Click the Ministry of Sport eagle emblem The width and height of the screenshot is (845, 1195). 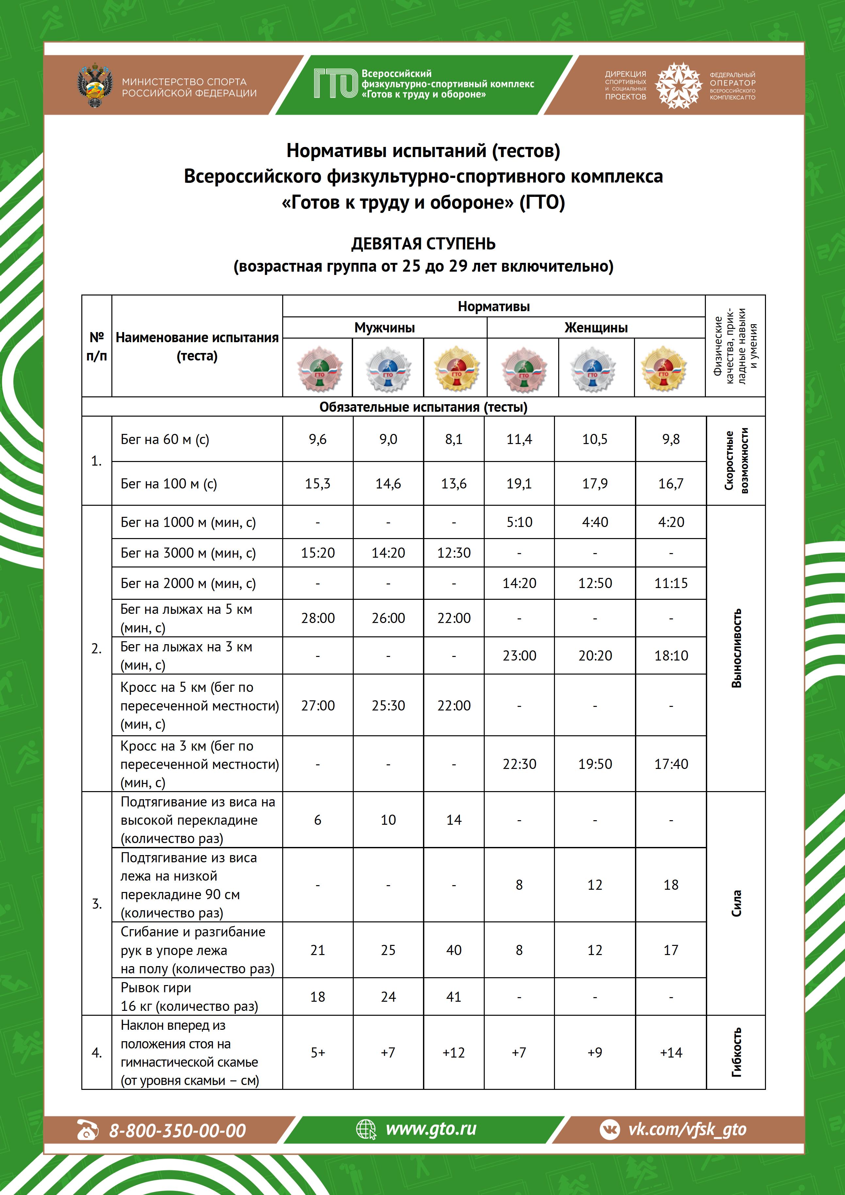tap(94, 85)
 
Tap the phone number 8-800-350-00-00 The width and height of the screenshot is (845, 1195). tap(177, 1130)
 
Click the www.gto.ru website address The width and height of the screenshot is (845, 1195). tap(431, 1129)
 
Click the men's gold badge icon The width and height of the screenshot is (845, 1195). tap(456, 369)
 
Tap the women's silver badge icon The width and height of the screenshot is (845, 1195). tap(593, 369)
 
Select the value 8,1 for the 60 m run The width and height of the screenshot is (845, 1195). tap(453, 439)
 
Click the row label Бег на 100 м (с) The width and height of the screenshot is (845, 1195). tap(169, 484)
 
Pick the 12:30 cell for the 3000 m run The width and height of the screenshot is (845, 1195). tap(453, 553)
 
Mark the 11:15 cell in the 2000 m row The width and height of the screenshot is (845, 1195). tap(671, 583)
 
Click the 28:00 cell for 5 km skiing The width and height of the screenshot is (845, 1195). tap(317, 618)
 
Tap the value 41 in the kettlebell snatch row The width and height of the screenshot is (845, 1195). tap(453, 997)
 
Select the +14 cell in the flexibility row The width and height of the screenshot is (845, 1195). tap(671, 1052)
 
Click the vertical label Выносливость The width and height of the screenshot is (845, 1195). tap(736, 648)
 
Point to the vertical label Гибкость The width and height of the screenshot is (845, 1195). tap(736, 1052)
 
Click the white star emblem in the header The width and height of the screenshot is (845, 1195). tap(678, 85)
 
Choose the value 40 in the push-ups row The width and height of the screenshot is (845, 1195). tap(453, 950)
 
